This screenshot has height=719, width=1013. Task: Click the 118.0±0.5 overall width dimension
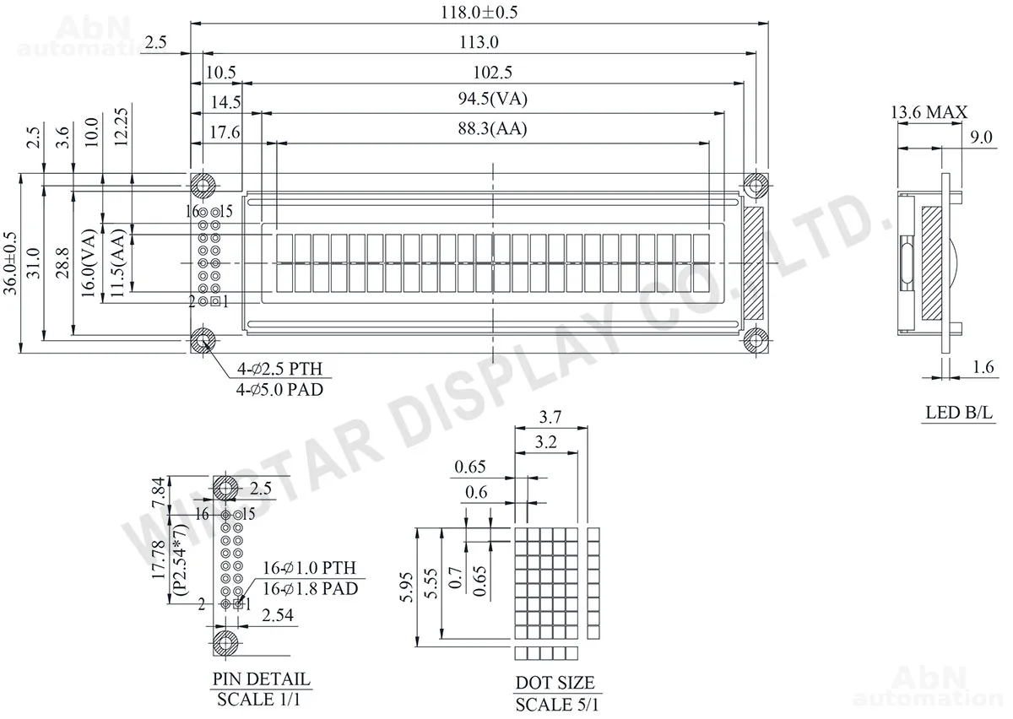(x=479, y=12)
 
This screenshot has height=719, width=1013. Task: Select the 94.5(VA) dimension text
(x=492, y=99)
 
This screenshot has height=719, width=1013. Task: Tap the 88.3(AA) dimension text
(x=492, y=129)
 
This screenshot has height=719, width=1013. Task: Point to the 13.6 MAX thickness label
(x=929, y=112)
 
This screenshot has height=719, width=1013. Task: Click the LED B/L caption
(x=959, y=413)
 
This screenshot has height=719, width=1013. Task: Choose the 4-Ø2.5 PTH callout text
(x=280, y=369)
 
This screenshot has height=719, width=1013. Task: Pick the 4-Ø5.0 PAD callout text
(x=279, y=389)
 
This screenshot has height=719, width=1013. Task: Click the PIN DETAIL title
(x=262, y=678)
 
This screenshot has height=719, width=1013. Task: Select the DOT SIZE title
(x=555, y=683)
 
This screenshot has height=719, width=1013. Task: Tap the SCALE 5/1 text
(x=556, y=704)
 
